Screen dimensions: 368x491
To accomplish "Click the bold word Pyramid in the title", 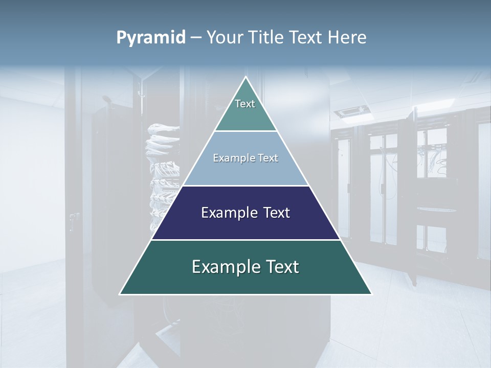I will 151,37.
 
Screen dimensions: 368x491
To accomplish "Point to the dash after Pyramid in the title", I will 196,38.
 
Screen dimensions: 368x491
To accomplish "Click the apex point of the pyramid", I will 245,77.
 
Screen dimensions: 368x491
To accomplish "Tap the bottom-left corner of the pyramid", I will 120,294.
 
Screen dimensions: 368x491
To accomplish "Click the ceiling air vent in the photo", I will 352,111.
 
